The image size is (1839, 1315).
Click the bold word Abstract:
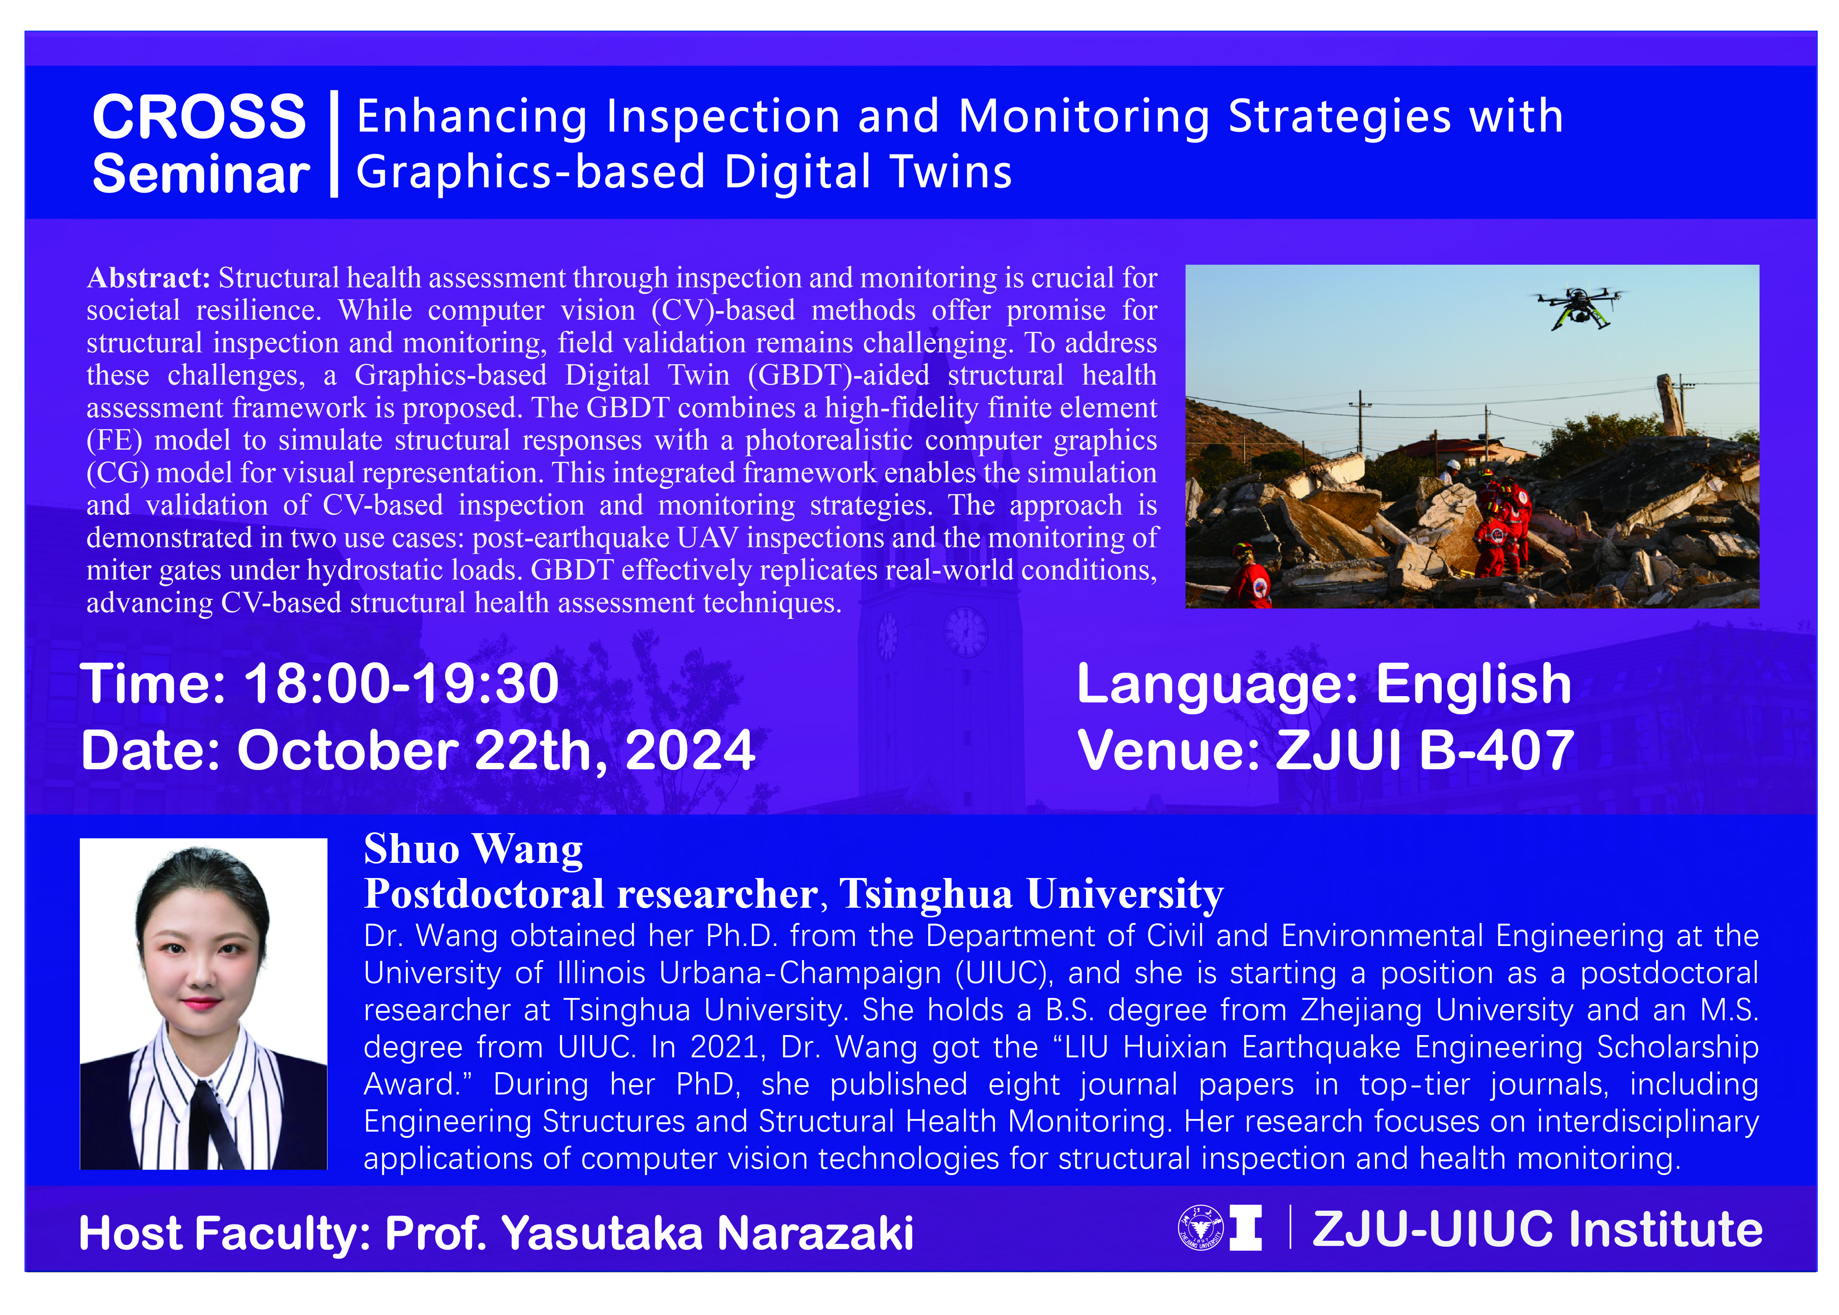148,278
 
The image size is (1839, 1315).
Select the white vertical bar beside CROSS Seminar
334,144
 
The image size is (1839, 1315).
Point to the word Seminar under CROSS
201,174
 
